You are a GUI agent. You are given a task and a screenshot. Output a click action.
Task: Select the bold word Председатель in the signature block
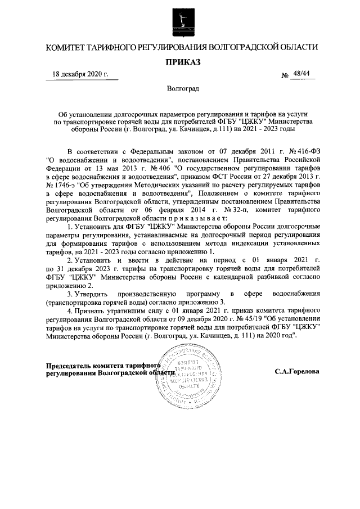pyautogui.click(x=69, y=365)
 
